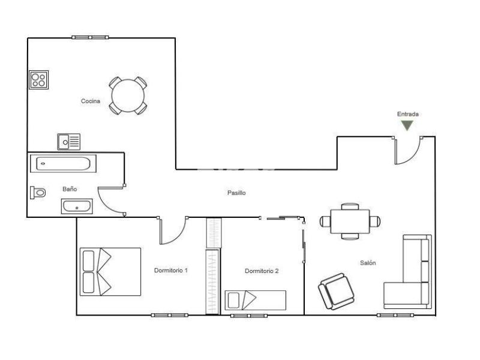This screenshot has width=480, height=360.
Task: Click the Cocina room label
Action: pyautogui.click(x=91, y=101)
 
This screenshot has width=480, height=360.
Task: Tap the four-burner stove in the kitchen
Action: pyautogui.click(x=38, y=80)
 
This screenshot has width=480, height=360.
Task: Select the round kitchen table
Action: pyautogui.click(x=128, y=95)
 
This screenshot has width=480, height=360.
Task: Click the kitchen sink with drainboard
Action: pyautogui.click(x=69, y=142)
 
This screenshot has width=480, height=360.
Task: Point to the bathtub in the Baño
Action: pyautogui.click(x=63, y=163)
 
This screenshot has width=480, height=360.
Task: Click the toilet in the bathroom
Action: pyautogui.click(x=38, y=193)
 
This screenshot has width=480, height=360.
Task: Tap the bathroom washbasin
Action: pyautogui.click(x=77, y=206)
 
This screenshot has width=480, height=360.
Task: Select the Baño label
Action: pyautogui.click(x=70, y=189)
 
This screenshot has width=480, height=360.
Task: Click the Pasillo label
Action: pyautogui.click(x=236, y=193)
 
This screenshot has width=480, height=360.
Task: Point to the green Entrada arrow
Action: pyautogui.click(x=407, y=125)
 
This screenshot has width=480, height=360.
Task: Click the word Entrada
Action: pyautogui.click(x=408, y=114)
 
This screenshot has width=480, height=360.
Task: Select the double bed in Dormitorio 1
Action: pyautogui.click(x=110, y=272)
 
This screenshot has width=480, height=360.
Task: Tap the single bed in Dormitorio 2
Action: pyautogui.click(x=256, y=301)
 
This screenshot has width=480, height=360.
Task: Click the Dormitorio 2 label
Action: pyautogui.click(x=262, y=271)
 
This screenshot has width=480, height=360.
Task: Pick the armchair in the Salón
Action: pyautogui.click(x=336, y=291)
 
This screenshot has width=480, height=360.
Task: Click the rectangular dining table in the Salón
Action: pyautogui.click(x=350, y=221)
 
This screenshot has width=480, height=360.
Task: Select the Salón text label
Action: pyautogui.click(x=368, y=263)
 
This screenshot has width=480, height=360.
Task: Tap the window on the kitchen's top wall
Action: pyautogui.click(x=90, y=37)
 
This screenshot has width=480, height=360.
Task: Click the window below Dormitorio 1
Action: pyautogui.click(x=170, y=315)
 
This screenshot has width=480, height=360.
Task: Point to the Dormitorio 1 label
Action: pyautogui.click(x=171, y=271)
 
